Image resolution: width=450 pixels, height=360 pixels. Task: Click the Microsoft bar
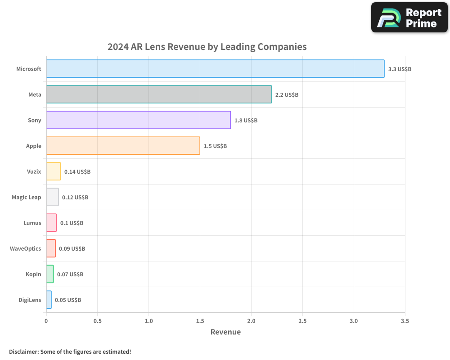[215, 69]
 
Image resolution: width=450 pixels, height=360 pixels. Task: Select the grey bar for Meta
[159, 94]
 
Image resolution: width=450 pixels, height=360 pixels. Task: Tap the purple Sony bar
[138, 120]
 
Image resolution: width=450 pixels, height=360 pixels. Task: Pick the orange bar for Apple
[123, 146]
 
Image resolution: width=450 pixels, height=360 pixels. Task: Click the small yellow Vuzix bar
[53, 171]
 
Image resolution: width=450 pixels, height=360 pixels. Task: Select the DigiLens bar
[49, 300]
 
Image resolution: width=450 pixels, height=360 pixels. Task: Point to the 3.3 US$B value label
[400, 69]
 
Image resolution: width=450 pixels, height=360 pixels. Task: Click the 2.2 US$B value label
[287, 95]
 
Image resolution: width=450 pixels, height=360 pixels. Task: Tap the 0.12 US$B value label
[75, 198]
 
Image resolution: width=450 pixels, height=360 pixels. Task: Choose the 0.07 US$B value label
[70, 274]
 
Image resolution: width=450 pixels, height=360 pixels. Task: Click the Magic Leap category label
[27, 197]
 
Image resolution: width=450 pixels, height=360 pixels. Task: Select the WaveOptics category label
[26, 248]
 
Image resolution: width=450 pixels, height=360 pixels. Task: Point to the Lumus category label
[32, 223]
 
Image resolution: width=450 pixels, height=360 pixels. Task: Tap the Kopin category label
[33, 274]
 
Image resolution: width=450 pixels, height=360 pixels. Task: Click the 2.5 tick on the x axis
[302, 321]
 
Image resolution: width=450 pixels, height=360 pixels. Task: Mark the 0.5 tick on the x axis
[98, 321]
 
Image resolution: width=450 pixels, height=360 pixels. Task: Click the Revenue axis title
[225, 332]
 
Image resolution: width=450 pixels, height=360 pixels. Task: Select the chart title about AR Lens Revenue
[207, 47]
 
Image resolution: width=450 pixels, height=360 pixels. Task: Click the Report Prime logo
[409, 18]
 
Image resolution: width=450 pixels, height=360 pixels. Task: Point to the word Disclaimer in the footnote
[23, 351]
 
